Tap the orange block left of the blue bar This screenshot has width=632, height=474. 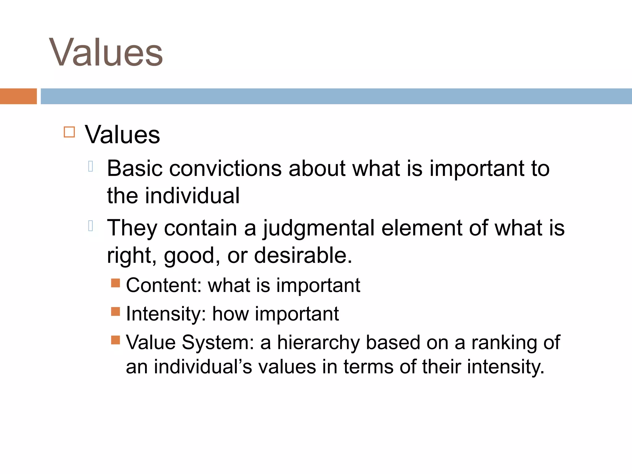[x=18, y=96]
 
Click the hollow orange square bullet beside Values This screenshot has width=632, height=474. [x=69, y=132]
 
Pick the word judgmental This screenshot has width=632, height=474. [x=319, y=228]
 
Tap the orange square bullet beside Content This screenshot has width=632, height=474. [x=115, y=283]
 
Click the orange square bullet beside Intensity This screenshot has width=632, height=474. [x=115, y=311]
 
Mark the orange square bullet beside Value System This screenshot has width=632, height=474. [x=115, y=340]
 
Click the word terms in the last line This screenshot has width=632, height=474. [x=368, y=367]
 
